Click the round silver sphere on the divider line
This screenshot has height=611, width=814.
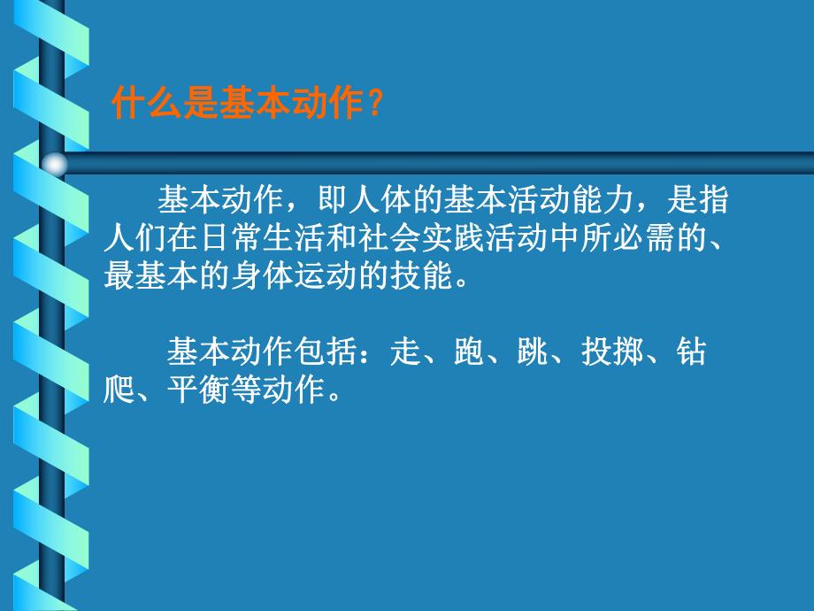[56, 164]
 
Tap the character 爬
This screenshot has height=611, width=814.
[119, 390]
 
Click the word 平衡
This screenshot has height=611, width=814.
[198, 390]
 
